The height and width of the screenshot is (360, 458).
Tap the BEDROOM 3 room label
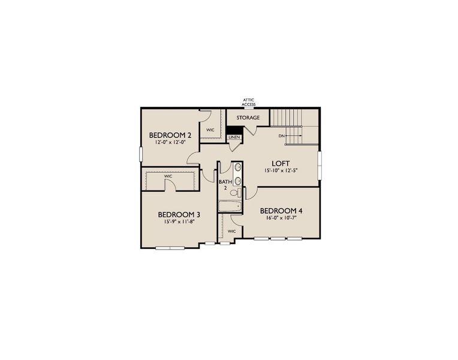179,214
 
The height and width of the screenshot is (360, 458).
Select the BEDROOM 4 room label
281,211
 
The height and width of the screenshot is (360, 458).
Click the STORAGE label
248,118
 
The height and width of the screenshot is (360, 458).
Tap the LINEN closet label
234,137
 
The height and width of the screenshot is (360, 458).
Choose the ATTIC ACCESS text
249,102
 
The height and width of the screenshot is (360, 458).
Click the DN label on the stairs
281,136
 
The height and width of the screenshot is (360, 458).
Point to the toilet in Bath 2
238,192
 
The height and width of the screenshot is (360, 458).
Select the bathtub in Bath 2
230,207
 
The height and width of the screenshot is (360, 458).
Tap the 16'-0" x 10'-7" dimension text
281,218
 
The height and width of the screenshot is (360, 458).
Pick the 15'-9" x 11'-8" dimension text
179,222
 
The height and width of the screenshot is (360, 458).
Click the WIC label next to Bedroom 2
211,130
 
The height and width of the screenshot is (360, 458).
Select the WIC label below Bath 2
231,231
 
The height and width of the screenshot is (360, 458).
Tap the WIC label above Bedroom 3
168,176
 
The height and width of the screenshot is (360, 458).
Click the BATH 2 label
225,184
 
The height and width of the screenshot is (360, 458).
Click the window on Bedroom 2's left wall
141,154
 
